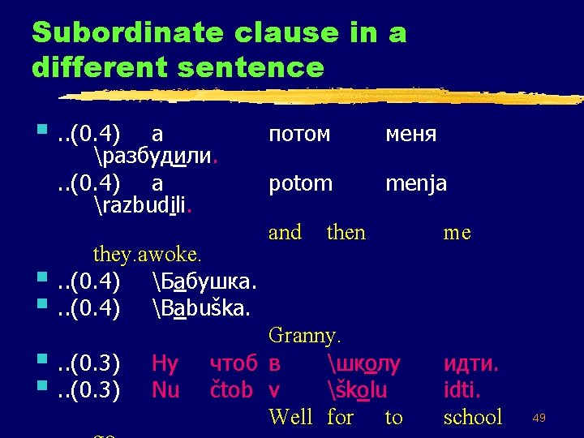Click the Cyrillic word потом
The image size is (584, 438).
pyautogui.click(x=299, y=134)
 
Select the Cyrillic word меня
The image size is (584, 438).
pyautogui.click(x=411, y=134)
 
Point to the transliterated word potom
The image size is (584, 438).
pyautogui.click(x=300, y=184)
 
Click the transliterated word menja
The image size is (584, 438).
pyautogui.click(x=416, y=184)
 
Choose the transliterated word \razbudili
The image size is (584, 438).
pyautogui.click(x=143, y=203)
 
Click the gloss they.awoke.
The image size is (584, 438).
pyautogui.click(x=147, y=254)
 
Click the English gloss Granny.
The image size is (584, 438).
pyautogui.click(x=305, y=334)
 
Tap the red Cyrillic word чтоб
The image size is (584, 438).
pyautogui.click(x=233, y=363)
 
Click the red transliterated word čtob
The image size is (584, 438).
pyautogui.click(x=231, y=390)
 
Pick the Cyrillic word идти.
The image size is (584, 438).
pyautogui.click(x=471, y=363)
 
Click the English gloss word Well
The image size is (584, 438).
pyautogui.click(x=290, y=418)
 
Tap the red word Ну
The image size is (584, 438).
pyautogui.click(x=166, y=363)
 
